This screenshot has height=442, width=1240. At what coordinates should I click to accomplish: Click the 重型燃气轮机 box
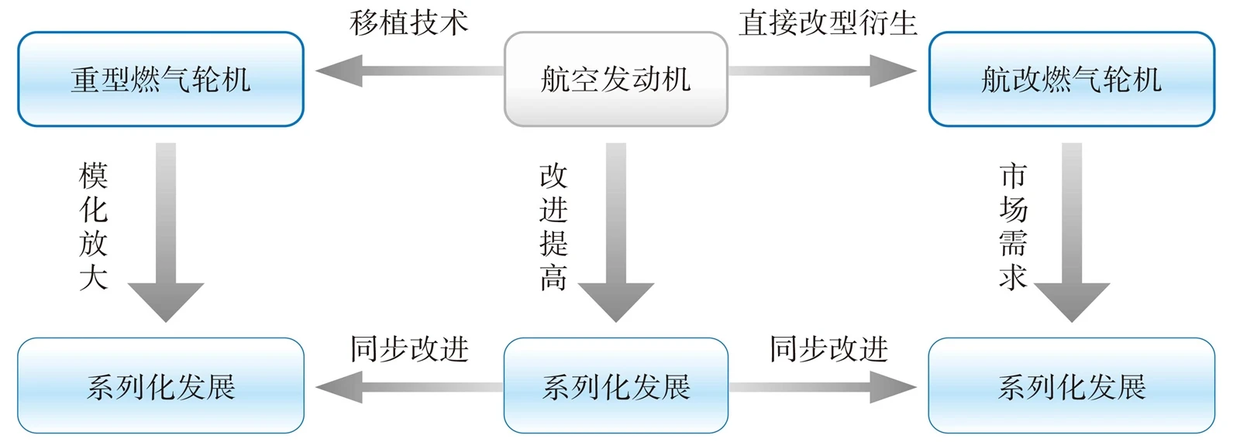[160, 79]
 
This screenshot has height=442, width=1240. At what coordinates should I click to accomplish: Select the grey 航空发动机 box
[615, 79]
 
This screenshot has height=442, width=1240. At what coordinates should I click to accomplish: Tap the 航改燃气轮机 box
[1072, 79]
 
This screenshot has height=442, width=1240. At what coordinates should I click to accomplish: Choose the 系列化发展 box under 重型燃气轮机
[160, 385]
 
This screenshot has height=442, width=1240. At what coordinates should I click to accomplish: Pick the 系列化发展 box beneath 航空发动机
[615, 385]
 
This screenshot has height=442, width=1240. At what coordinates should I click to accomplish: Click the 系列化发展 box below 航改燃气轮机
[1072, 385]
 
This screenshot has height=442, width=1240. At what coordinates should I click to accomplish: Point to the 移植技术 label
[409, 23]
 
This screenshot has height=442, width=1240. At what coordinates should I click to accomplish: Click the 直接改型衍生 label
[828, 23]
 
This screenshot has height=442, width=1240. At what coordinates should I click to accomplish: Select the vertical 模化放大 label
[93, 226]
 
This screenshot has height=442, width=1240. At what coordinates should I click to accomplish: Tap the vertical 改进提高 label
[553, 226]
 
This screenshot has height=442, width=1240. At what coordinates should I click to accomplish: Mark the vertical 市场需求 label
[1013, 226]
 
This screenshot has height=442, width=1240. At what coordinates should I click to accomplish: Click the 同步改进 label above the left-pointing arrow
[410, 349]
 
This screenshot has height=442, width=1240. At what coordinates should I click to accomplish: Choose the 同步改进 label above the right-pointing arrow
[828, 349]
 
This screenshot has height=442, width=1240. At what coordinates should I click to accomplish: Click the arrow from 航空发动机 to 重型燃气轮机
[410, 70]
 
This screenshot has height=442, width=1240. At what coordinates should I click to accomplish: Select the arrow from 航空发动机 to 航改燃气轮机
[822, 70]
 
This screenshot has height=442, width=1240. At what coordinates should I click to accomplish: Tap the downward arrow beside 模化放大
[166, 232]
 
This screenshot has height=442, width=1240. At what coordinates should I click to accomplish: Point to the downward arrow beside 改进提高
[616, 232]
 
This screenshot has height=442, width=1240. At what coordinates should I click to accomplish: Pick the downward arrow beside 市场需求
[1072, 232]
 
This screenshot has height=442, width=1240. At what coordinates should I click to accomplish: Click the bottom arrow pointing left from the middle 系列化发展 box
[410, 387]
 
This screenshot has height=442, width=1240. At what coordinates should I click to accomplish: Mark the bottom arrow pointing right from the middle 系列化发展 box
[822, 387]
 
